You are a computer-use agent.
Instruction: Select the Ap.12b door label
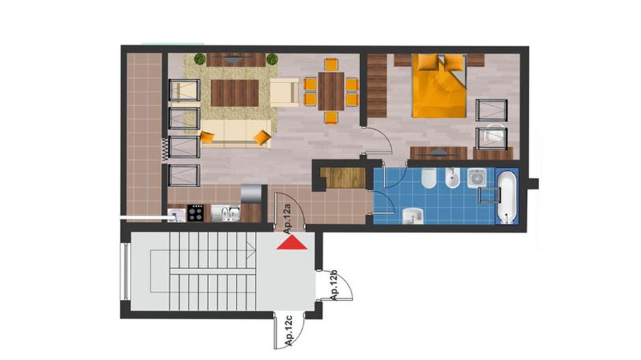click(x=335, y=286)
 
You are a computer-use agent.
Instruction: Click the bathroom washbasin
click(x=413, y=216)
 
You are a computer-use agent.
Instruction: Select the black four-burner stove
click(x=195, y=213)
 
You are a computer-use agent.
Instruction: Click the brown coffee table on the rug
click(x=234, y=93)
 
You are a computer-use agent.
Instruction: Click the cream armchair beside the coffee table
click(x=285, y=92)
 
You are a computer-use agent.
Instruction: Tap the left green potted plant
click(x=200, y=59)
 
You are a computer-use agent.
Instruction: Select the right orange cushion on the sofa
click(x=261, y=138)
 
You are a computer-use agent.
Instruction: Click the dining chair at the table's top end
click(x=331, y=65)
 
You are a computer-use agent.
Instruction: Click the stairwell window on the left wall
click(x=125, y=271)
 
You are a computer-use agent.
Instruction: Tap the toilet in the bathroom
click(x=427, y=180)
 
